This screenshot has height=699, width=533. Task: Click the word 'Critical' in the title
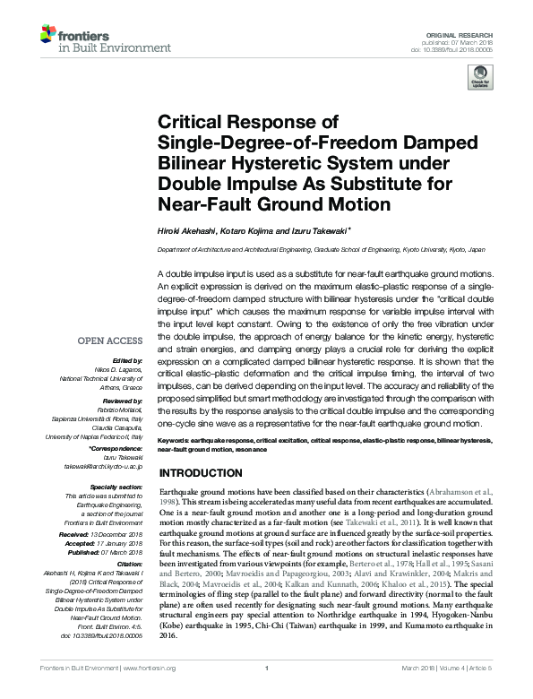click(x=193, y=122)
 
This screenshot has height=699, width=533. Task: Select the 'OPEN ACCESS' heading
click(x=110, y=341)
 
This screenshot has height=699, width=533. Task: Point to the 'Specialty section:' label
click(x=118, y=487)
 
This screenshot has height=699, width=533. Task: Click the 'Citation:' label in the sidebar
click(x=129, y=563)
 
